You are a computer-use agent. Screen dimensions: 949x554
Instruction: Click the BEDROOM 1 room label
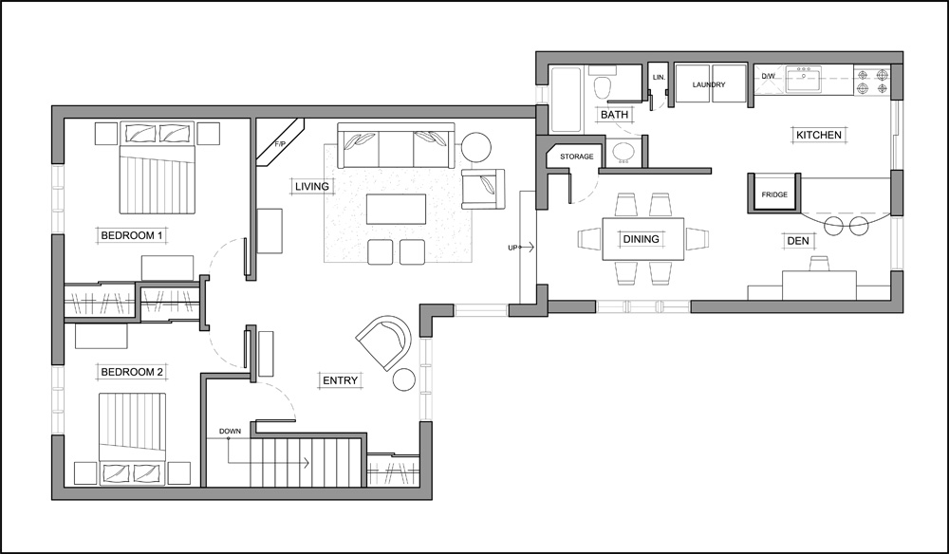click(x=132, y=235)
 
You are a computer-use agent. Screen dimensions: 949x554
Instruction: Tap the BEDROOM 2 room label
click(x=132, y=372)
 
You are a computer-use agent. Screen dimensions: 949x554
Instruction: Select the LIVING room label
click(x=312, y=186)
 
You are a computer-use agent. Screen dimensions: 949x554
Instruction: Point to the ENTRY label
click(x=340, y=380)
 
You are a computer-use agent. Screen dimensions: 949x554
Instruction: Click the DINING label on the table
click(x=641, y=239)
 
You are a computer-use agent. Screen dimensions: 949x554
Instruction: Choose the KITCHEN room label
click(x=819, y=135)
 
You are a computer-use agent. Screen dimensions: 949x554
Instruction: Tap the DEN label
click(x=798, y=241)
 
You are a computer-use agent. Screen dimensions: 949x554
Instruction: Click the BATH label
click(x=614, y=114)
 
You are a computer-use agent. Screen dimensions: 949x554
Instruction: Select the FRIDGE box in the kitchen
click(x=774, y=194)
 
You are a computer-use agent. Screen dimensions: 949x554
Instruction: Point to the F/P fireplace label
click(x=280, y=144)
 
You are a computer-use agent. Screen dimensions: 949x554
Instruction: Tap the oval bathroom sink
click(x=623, y=153)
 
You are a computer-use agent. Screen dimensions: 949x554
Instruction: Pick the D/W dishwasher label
click(x=768, y=76)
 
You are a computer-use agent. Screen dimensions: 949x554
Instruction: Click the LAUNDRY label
click(x=709, y=84)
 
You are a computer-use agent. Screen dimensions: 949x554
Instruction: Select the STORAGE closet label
click(x=577, y=157)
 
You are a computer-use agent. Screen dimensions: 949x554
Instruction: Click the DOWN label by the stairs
click(x=230, y=432)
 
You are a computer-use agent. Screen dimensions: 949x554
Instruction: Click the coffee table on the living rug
click(x=396, y=210)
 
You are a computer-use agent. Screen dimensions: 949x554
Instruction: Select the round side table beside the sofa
click(x=476, y=147)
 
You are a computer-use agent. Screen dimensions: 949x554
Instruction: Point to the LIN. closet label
click(x=660, y=78)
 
